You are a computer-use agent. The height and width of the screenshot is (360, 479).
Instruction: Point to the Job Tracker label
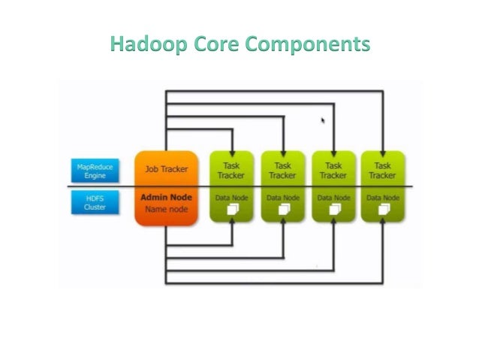pos(166,169)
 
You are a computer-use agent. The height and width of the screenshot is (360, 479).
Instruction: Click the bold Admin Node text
pos(166,197)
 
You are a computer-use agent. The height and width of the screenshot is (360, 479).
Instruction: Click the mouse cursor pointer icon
pos(324,119)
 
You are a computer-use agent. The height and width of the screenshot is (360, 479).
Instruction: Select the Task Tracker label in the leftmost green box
pos(231,170)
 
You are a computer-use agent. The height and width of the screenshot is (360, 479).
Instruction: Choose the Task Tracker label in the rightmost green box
pos(382,170)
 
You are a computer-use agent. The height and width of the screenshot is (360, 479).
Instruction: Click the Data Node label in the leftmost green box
pos(231,198)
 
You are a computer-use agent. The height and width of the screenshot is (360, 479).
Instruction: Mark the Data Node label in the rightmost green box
pos(382,198)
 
